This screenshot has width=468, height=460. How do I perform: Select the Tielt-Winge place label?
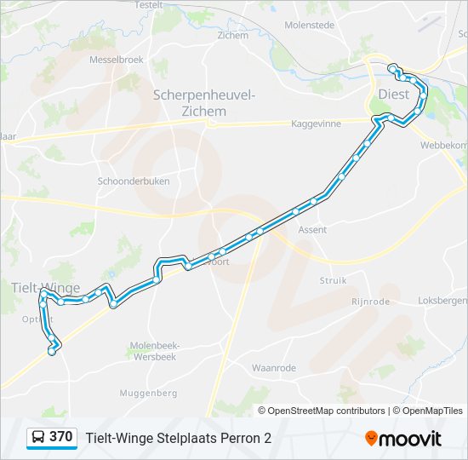click(47, 287)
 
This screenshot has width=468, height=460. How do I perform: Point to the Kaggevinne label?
click(316, 124)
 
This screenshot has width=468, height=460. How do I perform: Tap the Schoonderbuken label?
click(134, 181)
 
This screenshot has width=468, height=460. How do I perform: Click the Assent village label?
click(312, 230)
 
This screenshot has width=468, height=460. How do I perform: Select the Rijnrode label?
click(370, 302)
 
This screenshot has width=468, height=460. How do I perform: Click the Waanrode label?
click(273, 368)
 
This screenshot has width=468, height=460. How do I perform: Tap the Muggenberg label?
click(149, 393)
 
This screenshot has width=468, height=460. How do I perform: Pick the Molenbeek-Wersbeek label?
click(151, 351)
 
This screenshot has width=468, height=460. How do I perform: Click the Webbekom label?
click(443, 145)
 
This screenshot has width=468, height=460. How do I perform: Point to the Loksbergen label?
click(443, 301)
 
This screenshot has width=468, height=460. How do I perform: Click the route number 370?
click(60, 437)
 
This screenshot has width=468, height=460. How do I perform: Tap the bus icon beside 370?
click(38, 438)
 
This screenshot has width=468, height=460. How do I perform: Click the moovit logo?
click(403, 439)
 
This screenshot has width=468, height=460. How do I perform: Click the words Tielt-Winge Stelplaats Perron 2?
click(179, 438)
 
